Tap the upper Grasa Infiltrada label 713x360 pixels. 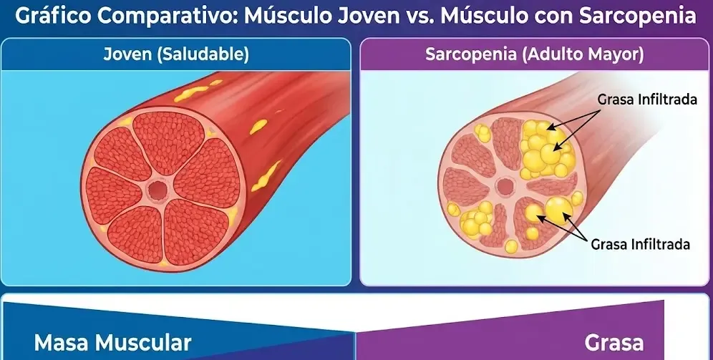click(x=646, y=99)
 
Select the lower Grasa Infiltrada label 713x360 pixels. click(x=640, y=244)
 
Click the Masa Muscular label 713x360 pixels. click(x=112, y=342)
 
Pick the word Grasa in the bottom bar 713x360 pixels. click(x=613, y=342)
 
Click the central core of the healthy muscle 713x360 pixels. click(x=156, y=190)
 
